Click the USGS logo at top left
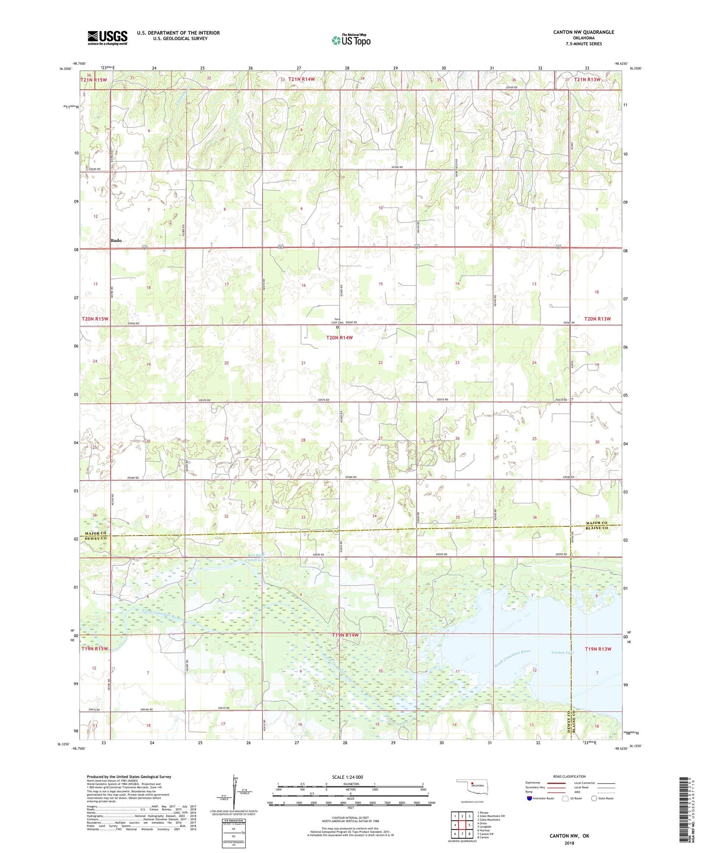point(107,38)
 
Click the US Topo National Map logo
point(351,40)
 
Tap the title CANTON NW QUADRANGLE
point(583,32)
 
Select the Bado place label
point(116,240)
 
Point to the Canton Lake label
point(562,652)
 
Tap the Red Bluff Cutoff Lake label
point(257,557)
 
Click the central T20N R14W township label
point(339,338)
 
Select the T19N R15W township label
point(95,649)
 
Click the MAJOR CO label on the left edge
point(95,533)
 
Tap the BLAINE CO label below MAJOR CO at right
point(597,528)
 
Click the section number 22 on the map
point(381,363)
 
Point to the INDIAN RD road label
point(147,709)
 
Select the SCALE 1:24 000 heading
point(347,777)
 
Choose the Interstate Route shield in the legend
point(530,798)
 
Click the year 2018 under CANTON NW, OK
point(569,843)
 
